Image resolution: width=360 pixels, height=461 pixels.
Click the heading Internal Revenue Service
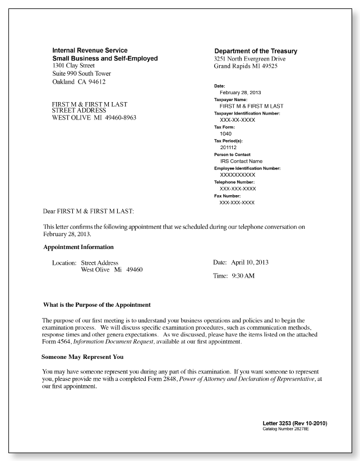(x=90, y=50)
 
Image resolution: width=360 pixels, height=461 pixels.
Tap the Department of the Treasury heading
(x=256, y=51)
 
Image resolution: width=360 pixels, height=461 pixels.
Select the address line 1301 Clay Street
(x=73, y=66)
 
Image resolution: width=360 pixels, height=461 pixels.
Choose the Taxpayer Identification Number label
(x=247, y=113)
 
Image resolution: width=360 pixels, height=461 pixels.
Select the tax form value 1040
(x=225, y=133)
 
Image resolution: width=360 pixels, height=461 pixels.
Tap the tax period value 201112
(x=228, y=147)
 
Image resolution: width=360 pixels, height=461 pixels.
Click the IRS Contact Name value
(x=241, y=162)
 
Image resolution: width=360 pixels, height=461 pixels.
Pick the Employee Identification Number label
(x=247, y=168)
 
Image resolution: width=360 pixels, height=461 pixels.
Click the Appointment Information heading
(x=79, y=247)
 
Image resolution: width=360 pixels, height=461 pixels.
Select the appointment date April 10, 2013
(x=250, y=262)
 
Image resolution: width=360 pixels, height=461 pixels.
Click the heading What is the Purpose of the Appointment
(x=97, y=305)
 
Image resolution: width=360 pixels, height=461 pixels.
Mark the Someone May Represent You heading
(x=82, y=357)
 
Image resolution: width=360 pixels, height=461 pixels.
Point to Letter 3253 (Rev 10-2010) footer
(x=294, y=423)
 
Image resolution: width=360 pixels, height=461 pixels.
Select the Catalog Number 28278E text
(x=286, y=428)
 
